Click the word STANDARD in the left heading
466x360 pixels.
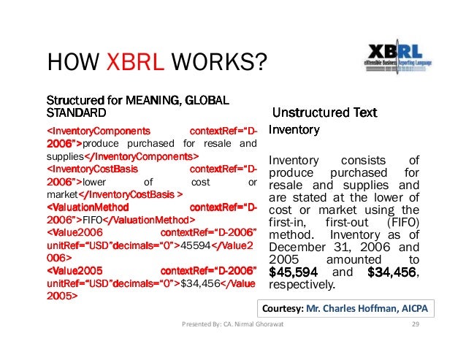coord(76,113)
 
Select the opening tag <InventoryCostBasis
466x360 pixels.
coord(90,169)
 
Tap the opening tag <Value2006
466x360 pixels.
coord(74,232)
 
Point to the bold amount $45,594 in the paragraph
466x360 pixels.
coord(292,272)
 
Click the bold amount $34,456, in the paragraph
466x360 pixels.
coord(393,272)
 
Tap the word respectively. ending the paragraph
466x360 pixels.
coord(302,284)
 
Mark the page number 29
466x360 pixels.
coord(416,325)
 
